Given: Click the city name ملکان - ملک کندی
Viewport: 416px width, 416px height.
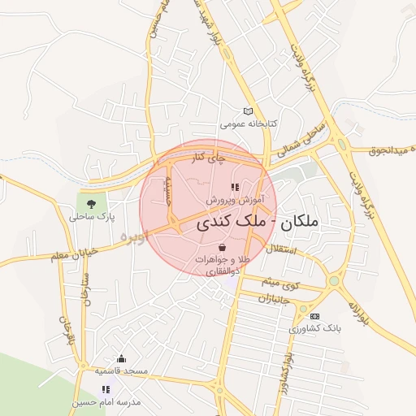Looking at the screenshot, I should click(258, 221).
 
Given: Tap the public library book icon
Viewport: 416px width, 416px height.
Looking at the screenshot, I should click(249, 111).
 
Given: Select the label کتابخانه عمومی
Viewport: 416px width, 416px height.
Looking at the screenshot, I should click(249, 123).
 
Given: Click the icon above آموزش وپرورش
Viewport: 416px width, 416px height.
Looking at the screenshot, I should click(236, 187).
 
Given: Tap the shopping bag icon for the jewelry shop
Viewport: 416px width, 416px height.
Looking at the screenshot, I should click(223, 246).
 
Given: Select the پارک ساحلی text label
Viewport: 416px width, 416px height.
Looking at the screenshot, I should click(92, 218).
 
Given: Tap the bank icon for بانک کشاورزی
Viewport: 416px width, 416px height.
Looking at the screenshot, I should click(315, 316).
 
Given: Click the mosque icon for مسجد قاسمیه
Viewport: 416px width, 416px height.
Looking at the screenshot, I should click(122, 359).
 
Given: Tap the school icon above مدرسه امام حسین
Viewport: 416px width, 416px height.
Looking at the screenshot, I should click(105, 389).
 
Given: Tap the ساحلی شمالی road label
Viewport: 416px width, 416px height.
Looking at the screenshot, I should click(301, 141).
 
